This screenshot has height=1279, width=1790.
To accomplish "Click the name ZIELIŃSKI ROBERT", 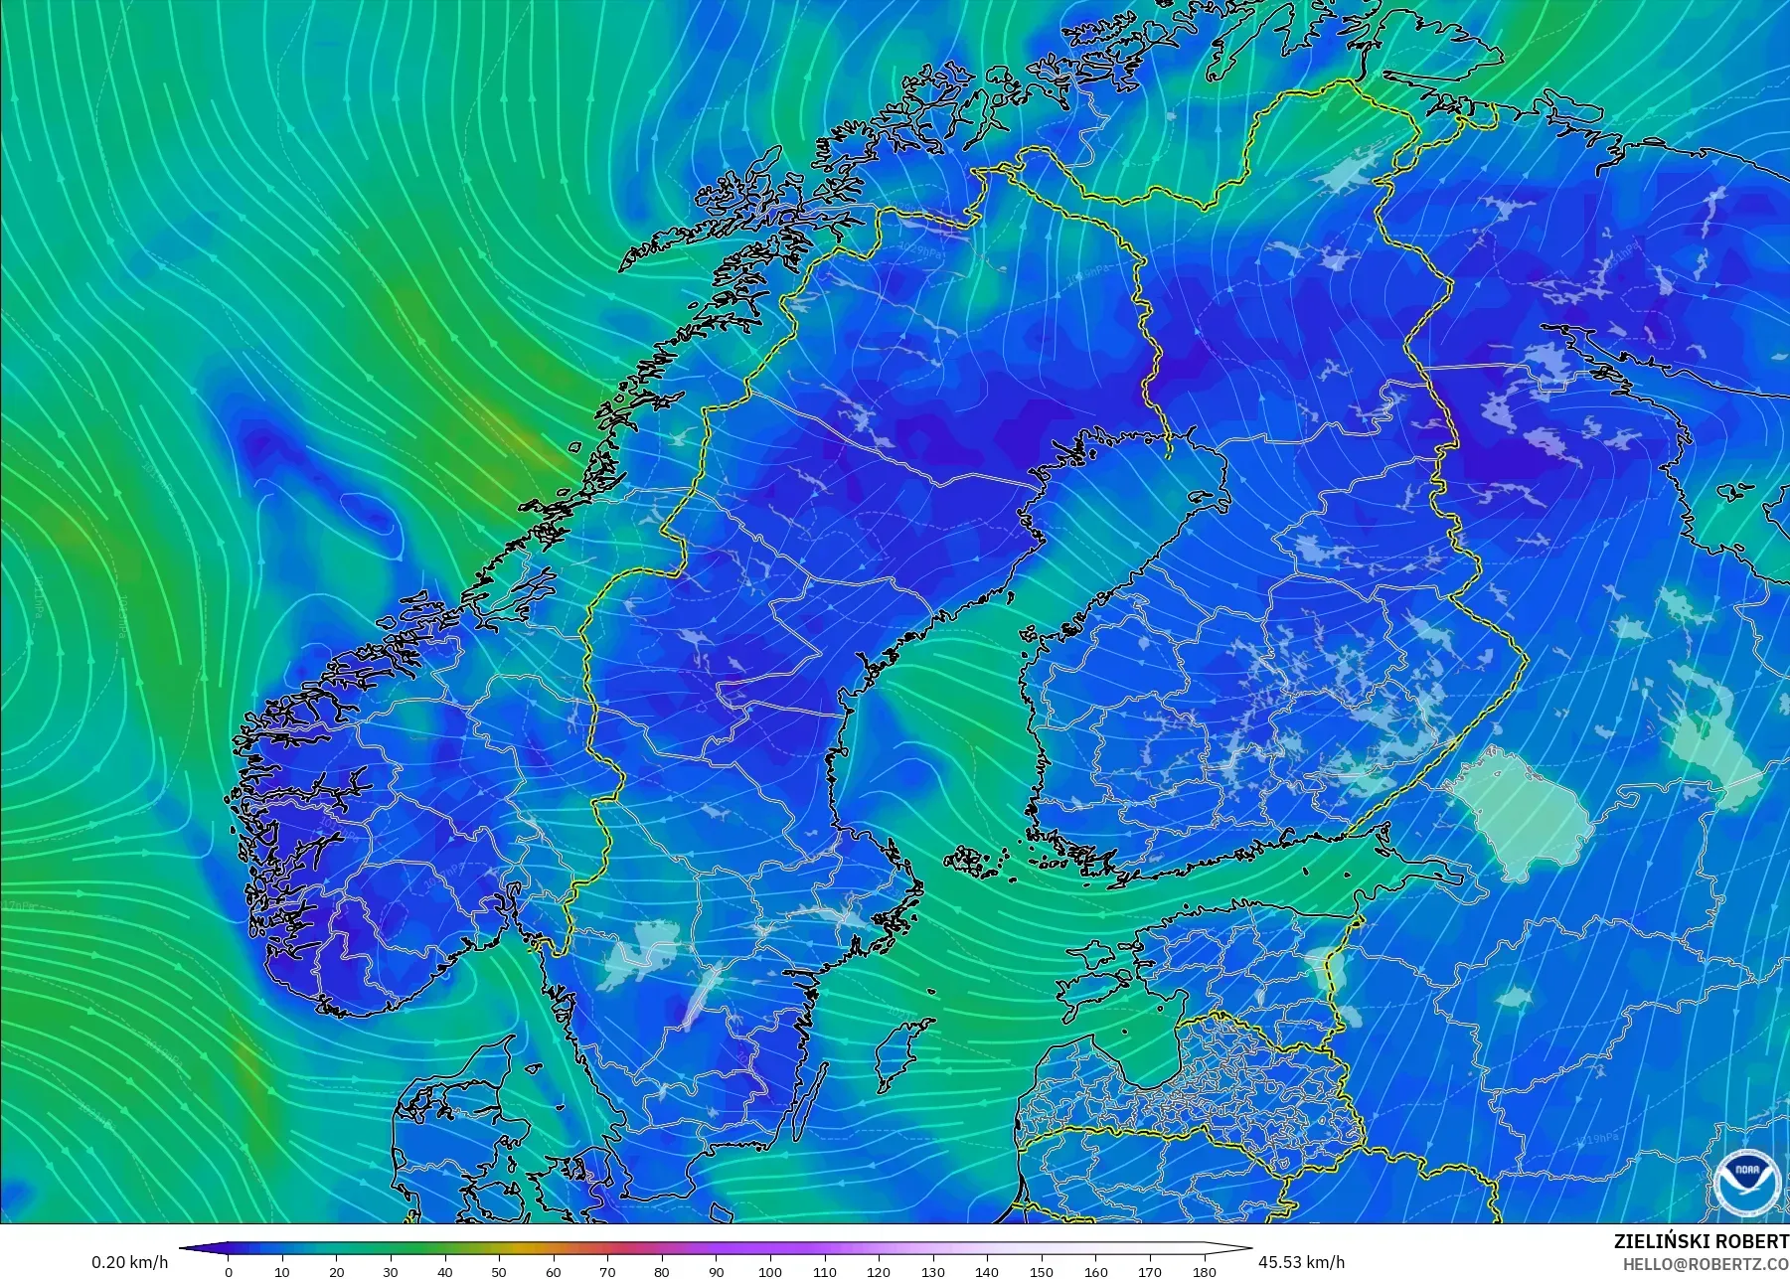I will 1701,1241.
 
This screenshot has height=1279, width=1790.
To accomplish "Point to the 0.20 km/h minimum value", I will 129,1262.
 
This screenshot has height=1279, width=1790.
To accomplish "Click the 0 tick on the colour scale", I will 229,1271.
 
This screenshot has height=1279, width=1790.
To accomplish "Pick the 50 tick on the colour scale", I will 499,1271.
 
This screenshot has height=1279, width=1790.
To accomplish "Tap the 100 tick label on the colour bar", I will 769,1271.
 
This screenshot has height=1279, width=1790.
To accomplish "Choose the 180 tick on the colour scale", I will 1204,1271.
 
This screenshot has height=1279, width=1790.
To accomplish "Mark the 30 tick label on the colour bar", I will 391,1271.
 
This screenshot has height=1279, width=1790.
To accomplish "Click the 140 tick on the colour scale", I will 986,1271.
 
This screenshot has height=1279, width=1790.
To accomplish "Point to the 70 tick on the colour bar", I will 607,1271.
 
